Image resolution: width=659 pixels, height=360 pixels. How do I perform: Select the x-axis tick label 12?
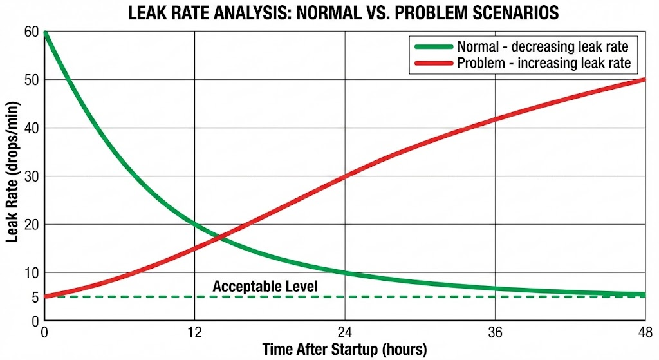pos(194,334)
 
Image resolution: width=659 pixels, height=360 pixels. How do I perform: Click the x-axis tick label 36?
pos(495,334)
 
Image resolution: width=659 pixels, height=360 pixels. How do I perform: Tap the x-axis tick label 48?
pos(645,334)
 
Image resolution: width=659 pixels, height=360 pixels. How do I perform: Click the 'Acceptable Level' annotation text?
pos(265,287)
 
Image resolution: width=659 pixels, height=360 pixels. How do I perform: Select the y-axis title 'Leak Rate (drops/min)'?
pos(12,176)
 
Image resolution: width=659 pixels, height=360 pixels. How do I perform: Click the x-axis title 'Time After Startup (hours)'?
pos(344,350)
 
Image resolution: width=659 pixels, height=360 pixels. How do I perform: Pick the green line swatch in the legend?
pos(433,46)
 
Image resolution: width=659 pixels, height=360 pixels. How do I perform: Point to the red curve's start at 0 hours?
pos(44,297)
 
